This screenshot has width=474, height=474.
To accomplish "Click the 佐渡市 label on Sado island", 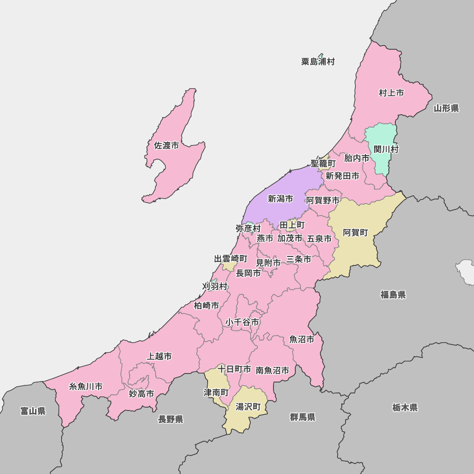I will [166, 146].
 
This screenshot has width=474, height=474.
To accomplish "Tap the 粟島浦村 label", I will [318, 62].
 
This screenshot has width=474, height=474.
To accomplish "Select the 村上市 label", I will [392, 93].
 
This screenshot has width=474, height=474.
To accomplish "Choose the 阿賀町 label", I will [355, 233].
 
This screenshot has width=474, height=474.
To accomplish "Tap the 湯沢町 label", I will [248, 407].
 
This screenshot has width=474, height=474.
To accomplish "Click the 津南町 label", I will [216, 393].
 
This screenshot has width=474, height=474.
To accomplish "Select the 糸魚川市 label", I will [86, 386].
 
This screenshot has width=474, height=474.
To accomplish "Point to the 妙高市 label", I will [142, 393].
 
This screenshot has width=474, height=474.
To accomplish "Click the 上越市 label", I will [159, 356].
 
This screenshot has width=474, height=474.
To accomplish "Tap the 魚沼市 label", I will [302, 339].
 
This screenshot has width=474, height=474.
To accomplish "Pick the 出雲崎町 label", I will [231, 259].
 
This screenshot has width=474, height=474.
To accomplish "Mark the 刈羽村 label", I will [215, 286].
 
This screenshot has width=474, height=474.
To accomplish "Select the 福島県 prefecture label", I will [393, 295].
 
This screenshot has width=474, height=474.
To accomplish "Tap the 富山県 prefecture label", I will [33, 411].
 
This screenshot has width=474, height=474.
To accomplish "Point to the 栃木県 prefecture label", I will [405, 408].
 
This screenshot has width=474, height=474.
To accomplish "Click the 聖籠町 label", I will [323, 164].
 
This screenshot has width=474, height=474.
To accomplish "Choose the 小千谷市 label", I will [242, 322].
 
